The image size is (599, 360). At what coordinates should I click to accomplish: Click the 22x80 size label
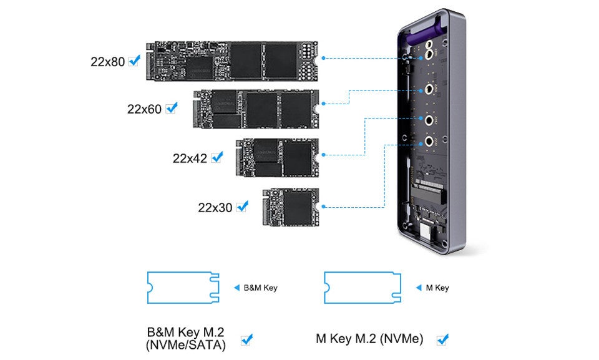point(107,62)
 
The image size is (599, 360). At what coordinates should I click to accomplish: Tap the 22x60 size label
point(144,109)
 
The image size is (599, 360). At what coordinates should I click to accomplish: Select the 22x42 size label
point(190,158)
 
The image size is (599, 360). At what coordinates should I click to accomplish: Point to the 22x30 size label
point(215,208)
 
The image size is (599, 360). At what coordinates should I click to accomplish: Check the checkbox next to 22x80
point(134,61)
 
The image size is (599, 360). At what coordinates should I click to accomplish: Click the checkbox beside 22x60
point(172,108)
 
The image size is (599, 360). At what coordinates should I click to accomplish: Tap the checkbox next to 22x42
point(217,157)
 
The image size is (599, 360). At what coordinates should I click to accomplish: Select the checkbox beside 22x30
point(242,207)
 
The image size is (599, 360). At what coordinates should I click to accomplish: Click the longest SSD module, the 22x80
point(232,61)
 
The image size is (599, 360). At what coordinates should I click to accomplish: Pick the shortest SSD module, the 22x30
point(291,207)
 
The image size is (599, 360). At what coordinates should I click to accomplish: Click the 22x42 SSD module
point(277,158)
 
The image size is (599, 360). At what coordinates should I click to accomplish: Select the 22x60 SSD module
point(256,109)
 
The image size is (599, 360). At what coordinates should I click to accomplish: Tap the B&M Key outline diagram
point(183,288)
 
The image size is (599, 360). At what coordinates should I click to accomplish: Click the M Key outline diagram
point(363,288)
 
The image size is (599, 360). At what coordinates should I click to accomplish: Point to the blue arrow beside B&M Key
point(236,288)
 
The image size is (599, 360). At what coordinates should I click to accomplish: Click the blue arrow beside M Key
point(419,288)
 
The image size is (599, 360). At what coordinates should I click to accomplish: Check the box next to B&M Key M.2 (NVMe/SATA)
point(247,339)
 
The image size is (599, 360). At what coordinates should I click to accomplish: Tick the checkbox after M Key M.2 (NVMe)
point(442,339)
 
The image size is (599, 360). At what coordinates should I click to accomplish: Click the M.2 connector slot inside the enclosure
point(429,191)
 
